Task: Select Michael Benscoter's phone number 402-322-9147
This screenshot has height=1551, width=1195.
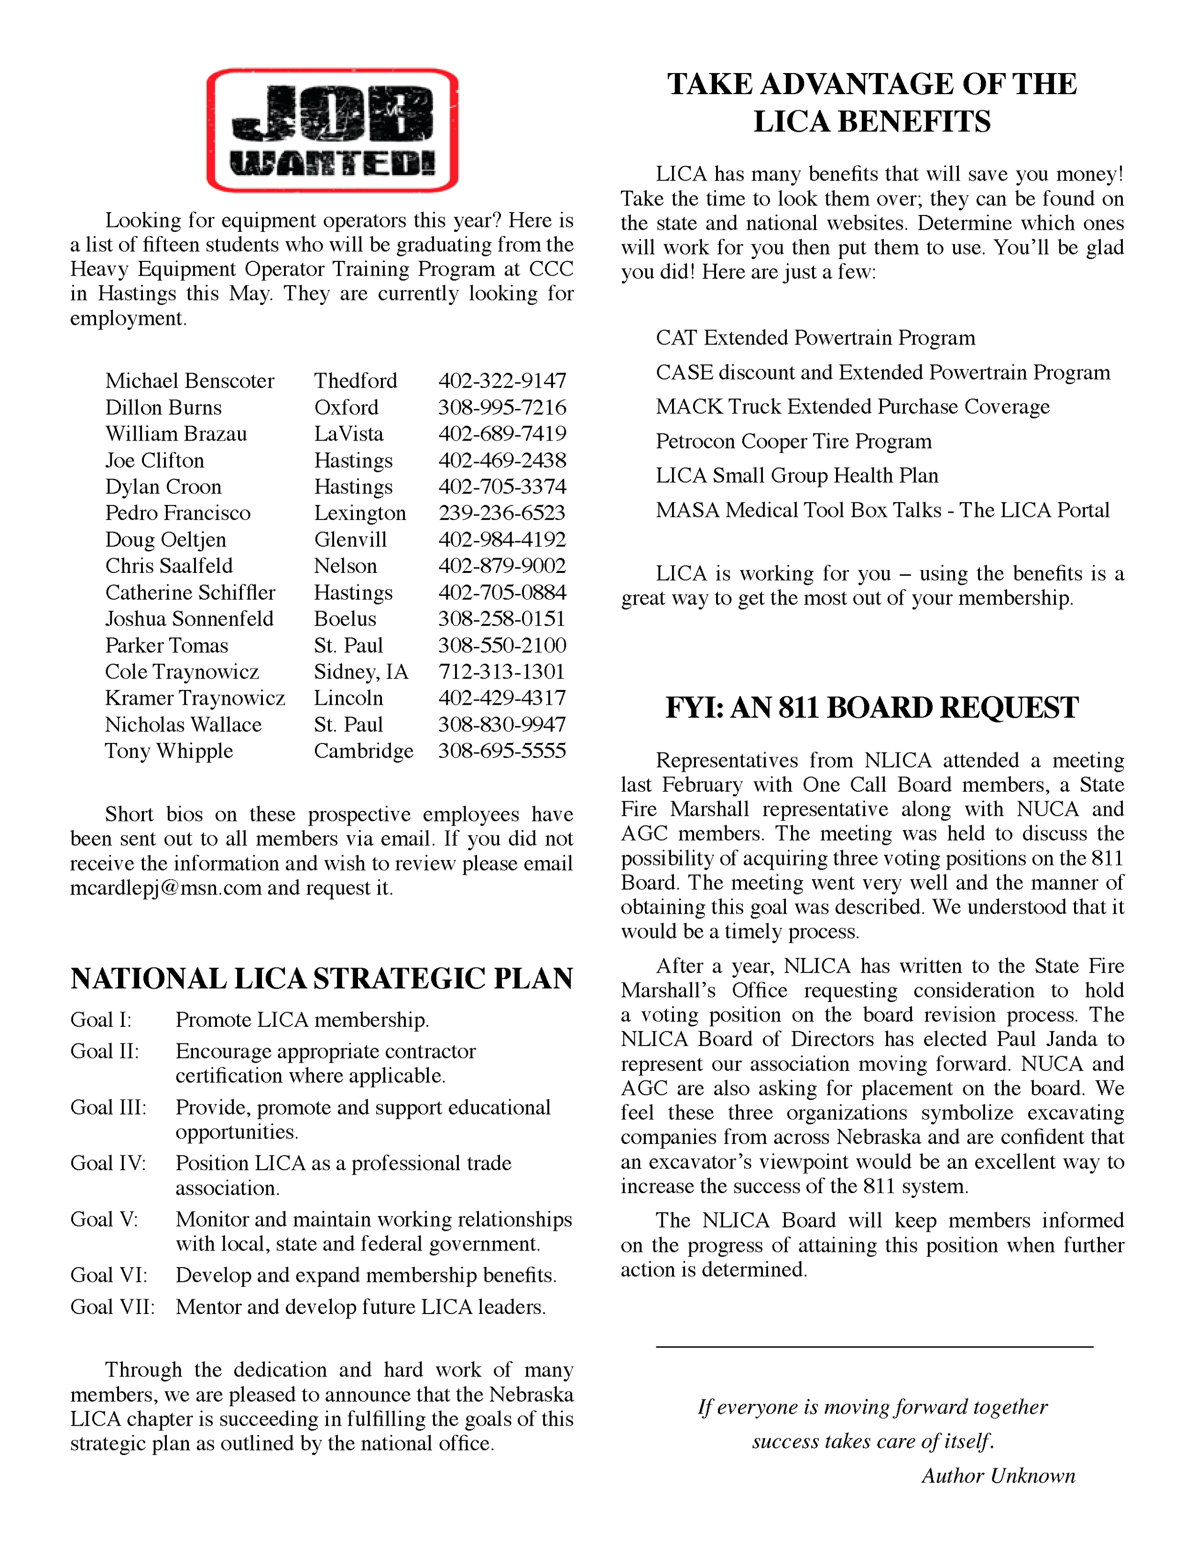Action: pyautogui.click(x=501, y=381)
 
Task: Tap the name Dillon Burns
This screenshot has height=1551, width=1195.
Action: pyautogui.click(x=163, y=407)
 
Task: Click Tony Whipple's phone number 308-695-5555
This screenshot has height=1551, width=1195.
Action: pyautogui.click(x=501, y=751)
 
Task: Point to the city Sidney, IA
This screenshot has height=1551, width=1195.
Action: pyautogui.click(x=361, y=672)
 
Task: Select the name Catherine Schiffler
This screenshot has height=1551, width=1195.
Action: pyautogui.click(x=190, y=592)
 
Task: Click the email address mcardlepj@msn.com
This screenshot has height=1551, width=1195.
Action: pyautogui.click(x=165, y=888)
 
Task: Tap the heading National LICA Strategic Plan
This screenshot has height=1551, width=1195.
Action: pyautogui.click(x=321, y=979)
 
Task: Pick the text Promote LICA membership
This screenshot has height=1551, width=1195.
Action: pyautogui.click(x=302, y=1020)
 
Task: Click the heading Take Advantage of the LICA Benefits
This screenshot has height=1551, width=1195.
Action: pyautogui.click(x=872, y=103)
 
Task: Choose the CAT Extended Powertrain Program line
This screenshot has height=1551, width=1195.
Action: pyautogui.click(x=815, y=337)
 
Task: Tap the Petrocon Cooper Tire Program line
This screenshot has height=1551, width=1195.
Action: pyautogui.click(x=793, y=441)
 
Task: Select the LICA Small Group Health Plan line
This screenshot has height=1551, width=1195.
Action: pyautogui.click(x=796, y=475)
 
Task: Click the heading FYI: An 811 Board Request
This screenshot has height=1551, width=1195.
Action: pyautogui.click(x=872, y=708)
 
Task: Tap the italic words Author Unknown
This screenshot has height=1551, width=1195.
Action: pyautogui.click(x=998, y=1476)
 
